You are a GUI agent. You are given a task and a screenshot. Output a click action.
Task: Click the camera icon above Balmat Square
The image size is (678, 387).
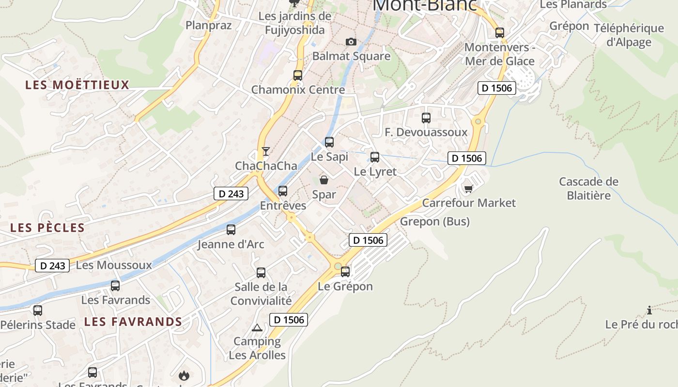[x=351, y=42]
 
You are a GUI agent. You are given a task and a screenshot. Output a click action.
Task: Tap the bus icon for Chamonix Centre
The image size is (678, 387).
[x=298, y=75]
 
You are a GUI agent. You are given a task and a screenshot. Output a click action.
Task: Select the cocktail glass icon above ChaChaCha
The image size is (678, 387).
[x=265, y=151]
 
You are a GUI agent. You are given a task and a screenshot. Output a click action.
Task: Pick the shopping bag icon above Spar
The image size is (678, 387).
[x=324, y=180]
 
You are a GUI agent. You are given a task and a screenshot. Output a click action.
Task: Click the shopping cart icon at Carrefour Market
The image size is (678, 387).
[x=468, y=188]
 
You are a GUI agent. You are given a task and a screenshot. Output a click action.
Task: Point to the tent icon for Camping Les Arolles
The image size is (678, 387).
[x=257, y=327]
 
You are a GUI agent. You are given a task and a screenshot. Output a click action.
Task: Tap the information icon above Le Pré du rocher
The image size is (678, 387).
[x=649, y=310]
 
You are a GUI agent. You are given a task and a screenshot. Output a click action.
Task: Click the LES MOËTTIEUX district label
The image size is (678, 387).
[x=77, y=85]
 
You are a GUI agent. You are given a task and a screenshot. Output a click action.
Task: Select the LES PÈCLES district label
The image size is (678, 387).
[x=47, y=228]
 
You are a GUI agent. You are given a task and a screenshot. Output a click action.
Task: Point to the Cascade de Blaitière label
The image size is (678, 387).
[x=588, y=189]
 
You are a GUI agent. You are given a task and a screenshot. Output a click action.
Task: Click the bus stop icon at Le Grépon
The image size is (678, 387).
[x=345, y=272]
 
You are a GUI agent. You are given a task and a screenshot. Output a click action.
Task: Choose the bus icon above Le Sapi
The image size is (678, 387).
[x=329, y=142]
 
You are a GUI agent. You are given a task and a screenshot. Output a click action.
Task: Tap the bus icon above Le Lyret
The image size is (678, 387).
[x=375, y=157]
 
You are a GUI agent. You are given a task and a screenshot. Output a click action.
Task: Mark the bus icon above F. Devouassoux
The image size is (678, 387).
[x=426, y=118]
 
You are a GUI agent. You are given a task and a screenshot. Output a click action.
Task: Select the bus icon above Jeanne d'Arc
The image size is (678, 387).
[x=231, y=230]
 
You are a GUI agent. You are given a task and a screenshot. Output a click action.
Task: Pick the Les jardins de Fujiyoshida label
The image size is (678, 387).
[x=295, y=23]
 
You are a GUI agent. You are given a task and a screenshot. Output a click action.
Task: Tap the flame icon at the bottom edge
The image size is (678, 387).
[x=184, y=375]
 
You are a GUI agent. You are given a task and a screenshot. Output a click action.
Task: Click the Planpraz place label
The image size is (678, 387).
[x=209, y=25]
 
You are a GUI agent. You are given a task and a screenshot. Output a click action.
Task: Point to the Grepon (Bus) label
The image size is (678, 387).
[x=435, y=222]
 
